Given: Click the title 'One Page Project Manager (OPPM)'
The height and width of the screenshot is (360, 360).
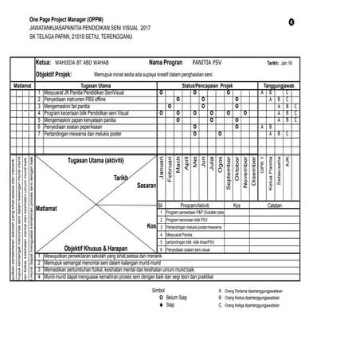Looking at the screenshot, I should (65, 18).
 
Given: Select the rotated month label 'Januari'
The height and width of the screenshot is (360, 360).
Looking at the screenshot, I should (162, 173).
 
